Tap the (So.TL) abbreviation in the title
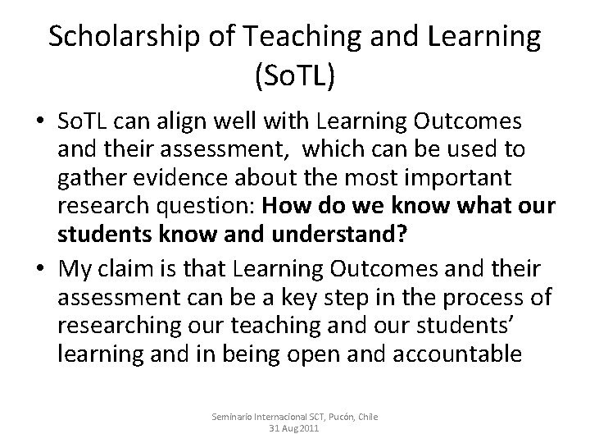[x=295, y=77]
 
